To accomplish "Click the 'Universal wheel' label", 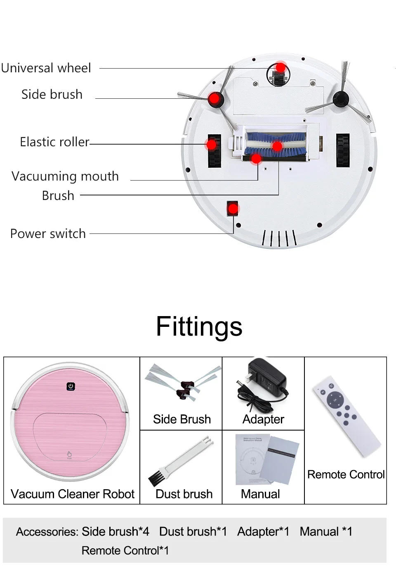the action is (x=46, y=68).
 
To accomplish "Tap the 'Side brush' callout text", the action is (x=52, y=94).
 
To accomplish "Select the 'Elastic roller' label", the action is (x=55, y=142).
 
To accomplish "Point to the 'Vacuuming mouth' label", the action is (x=65, y=176).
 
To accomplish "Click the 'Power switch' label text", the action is (x=48, y=234).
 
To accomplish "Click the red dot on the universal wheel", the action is (x=280, y=68).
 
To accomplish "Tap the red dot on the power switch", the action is (x=233, y=209).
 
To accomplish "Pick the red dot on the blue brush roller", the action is (x=277, y=146).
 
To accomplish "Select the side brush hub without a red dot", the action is (x=341, y=99).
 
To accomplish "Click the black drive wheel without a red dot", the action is (x=343, y=150).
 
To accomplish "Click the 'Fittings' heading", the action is (x=199, y=326).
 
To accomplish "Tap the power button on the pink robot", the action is (x=71, y=386).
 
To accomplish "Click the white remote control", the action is (x=346, y=416).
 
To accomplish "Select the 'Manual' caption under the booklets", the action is (x=260, y=494).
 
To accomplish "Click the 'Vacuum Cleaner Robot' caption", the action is (x=73, y=494).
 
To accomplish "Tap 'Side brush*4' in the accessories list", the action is (x=115, y=531).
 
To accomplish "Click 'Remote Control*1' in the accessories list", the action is (x=125, y=550).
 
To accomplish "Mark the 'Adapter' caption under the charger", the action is (x=263, y=419).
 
